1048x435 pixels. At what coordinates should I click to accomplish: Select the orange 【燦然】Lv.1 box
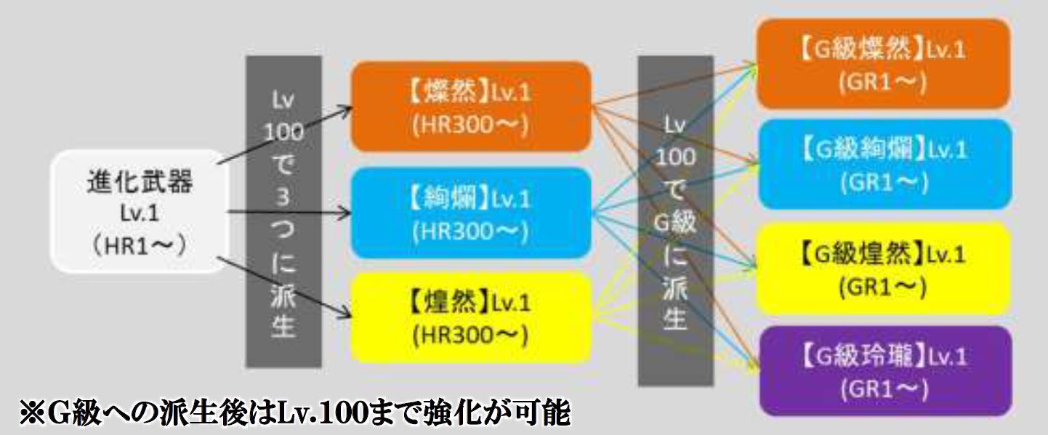click(x=470, y=107)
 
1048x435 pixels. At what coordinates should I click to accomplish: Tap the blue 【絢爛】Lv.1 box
click(x=470, y=213)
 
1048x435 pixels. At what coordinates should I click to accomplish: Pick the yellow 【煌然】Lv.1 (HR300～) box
click(x=470, y=318)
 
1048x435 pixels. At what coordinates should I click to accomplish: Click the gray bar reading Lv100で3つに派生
click(x=283, y=211)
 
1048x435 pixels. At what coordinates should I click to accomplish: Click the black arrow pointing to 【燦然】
click(x=283, y=134)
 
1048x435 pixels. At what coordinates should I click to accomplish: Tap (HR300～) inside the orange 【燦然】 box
click(x=470, y=126)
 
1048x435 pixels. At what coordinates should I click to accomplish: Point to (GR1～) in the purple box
click(x=883, y=391)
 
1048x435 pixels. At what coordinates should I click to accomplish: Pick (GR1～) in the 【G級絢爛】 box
click(x=883, y=183)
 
